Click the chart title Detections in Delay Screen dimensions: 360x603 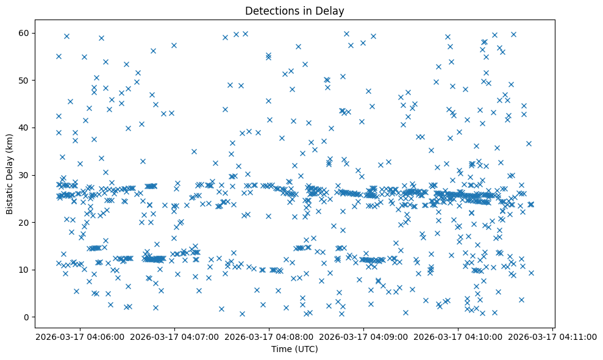point(294,10)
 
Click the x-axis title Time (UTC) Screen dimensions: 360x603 point(294,350)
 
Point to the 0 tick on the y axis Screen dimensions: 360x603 point(30,317)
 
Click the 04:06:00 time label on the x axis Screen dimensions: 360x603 point(80,336)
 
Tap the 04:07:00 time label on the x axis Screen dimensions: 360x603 point(174,336)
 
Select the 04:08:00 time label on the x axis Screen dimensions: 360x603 point(269,336)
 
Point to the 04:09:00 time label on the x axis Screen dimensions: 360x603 point(363,336)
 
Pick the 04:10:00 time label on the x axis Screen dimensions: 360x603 point(458,336)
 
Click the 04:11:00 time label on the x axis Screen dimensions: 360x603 point(553,336)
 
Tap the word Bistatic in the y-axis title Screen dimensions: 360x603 point(10,195)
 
